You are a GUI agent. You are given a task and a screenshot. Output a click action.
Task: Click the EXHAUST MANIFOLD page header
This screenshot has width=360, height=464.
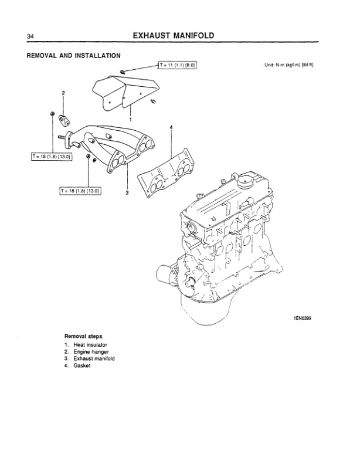tap(173, 36)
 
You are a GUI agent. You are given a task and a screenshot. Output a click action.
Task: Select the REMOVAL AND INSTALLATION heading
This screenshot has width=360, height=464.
tap(74, 56)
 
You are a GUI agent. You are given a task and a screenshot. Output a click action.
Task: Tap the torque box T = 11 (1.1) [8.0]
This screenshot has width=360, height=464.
tap(177, 66)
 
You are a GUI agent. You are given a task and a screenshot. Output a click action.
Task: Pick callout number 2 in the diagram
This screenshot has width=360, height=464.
tap(63, 93)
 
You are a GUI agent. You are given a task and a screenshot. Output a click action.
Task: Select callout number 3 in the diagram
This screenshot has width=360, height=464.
tap(127, 192)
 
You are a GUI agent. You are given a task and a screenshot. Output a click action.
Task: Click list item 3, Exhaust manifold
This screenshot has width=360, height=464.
tap(93, 358)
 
